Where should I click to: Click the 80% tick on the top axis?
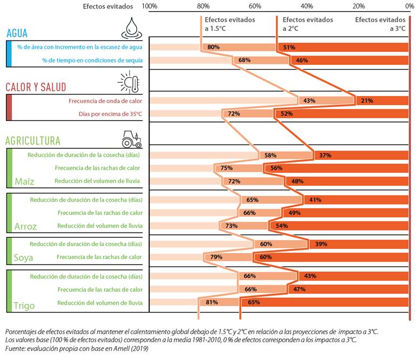click(x=203, y=6)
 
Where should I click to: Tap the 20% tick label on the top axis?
click(x=359, y=6)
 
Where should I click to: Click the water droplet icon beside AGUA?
click(x=131, y=28)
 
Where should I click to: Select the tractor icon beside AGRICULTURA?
click(x=131, y=139)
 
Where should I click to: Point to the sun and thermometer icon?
click(x=129, y=82)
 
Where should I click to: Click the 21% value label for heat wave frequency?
click(x=367, y=101)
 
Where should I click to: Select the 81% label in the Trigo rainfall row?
click(x=212, y=302)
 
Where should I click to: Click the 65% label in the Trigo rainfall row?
click(x=254, y=302)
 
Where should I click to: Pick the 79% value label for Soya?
click(x=216, y=257)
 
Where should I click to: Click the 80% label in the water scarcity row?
click(x=213, y=47)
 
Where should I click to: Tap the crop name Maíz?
click(x=25, y=181)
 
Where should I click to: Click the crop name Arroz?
click(x=25, y=227)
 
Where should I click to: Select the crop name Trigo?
click(x=24, y=305)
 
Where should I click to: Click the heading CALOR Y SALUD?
click(x=36, y=87)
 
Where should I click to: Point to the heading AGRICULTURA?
click(x=33, y=141)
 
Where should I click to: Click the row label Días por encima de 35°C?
click(x=110, y=114)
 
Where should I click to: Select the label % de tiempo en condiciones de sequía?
click(x=92, y=60)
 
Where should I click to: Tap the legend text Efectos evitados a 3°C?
click(x=380, y=24)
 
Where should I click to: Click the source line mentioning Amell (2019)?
click(x=77, y=349)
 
